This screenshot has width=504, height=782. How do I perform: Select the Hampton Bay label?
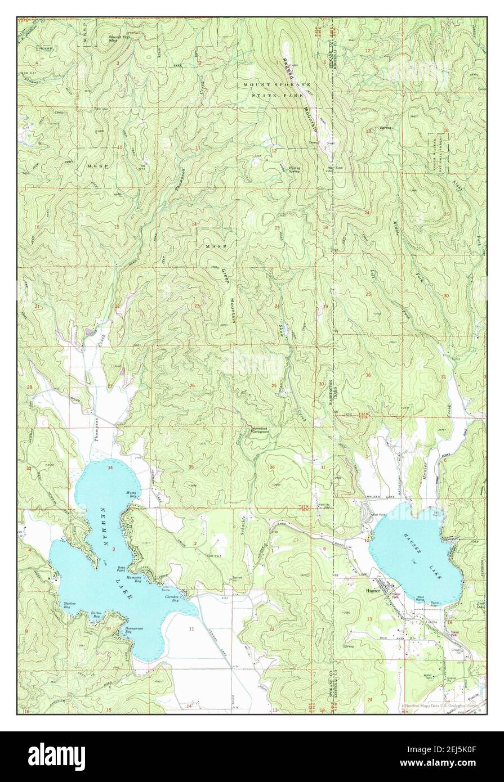pos(133,579)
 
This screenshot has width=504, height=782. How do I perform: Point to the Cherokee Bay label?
pos(172,600)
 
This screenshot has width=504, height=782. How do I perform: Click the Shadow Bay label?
pos(70,605)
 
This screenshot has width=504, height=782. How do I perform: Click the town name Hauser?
pos(373,591)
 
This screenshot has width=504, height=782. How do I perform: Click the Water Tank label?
pos(431,676)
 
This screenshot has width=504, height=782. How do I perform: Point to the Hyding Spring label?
pos(294,168)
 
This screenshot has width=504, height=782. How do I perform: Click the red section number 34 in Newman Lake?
pos(110,468)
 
